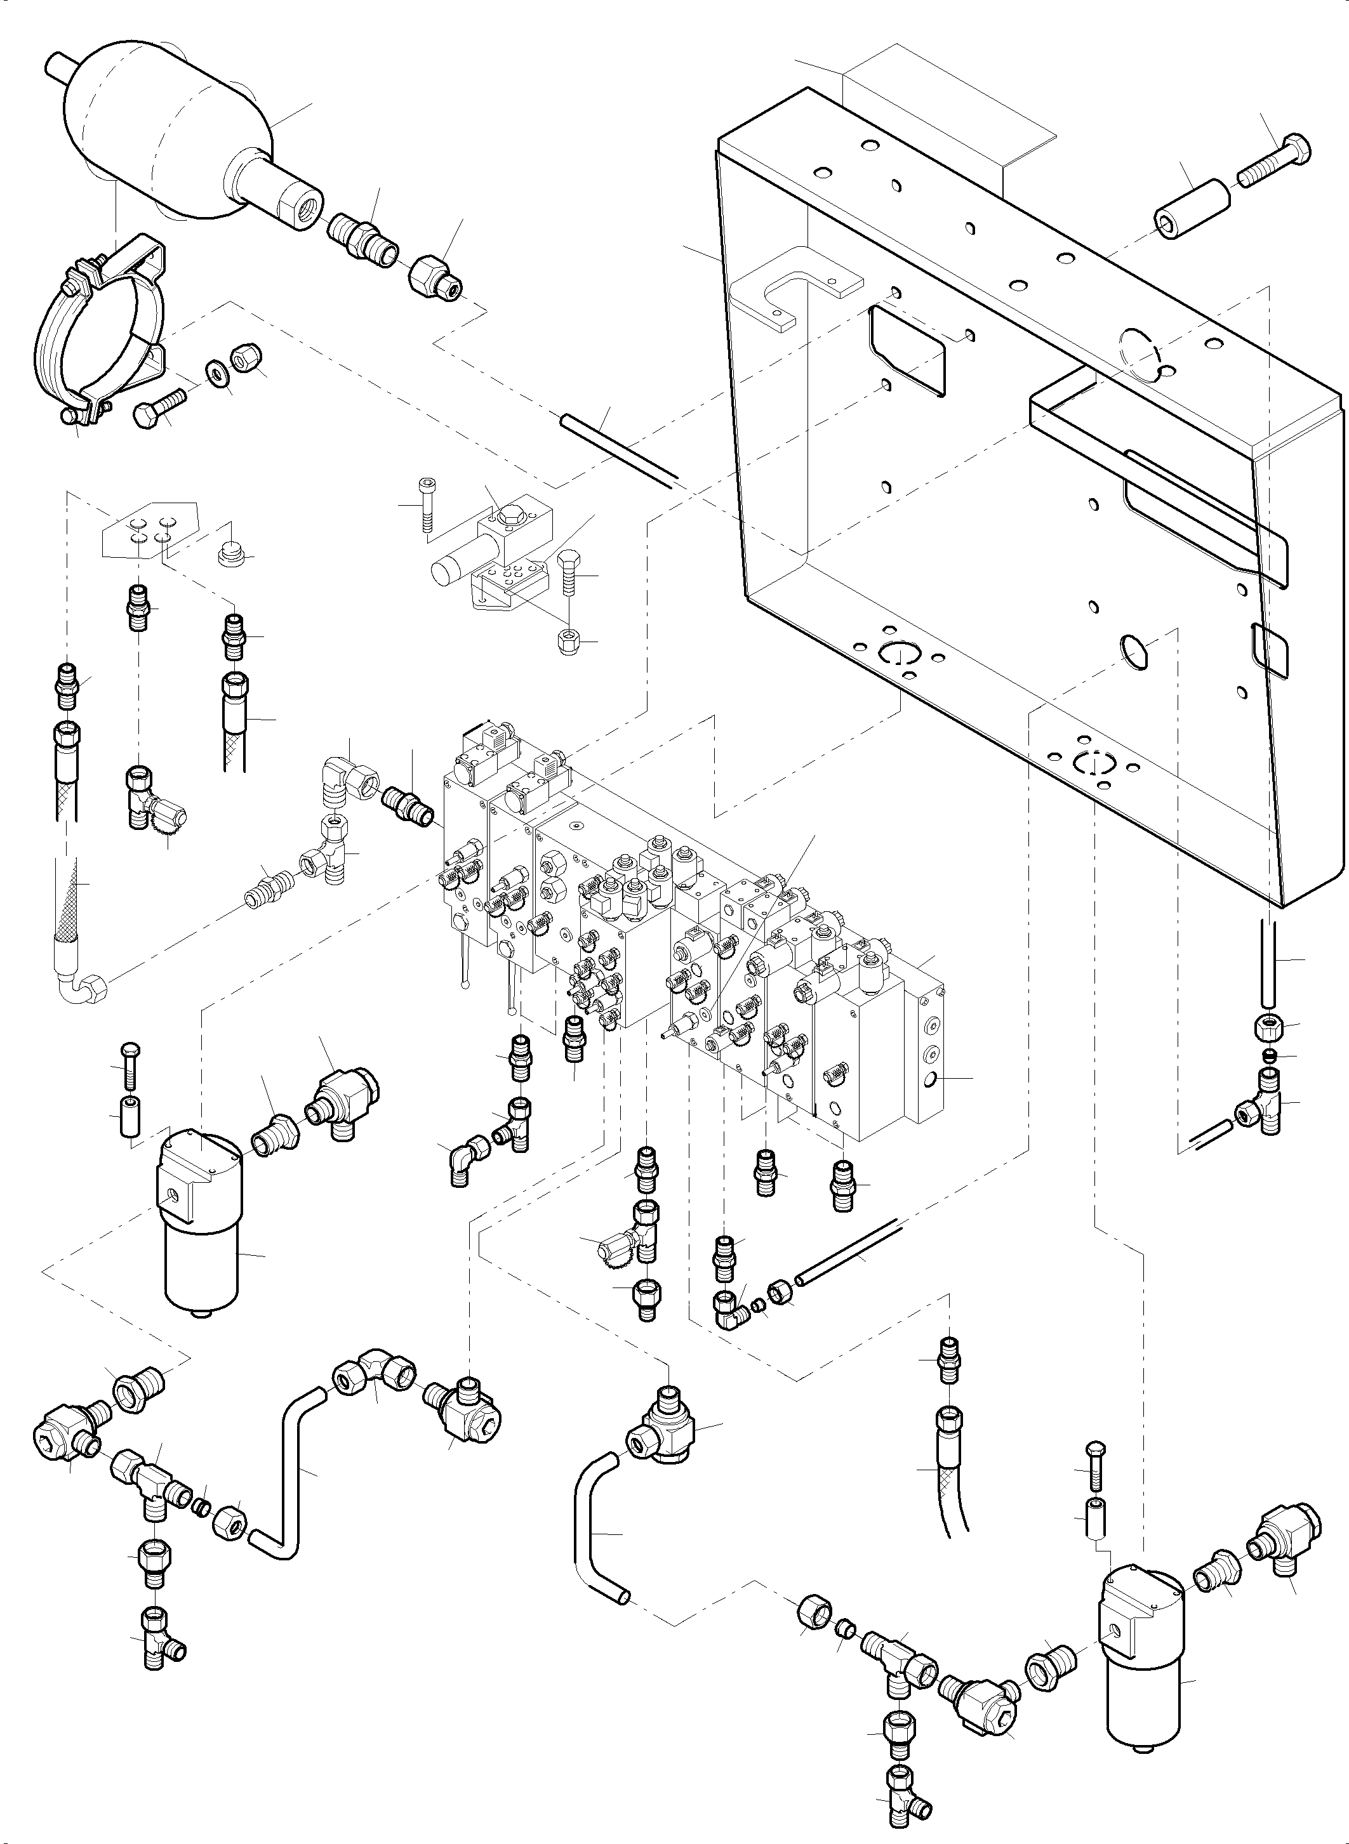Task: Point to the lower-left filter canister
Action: [x=200, y=1225]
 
